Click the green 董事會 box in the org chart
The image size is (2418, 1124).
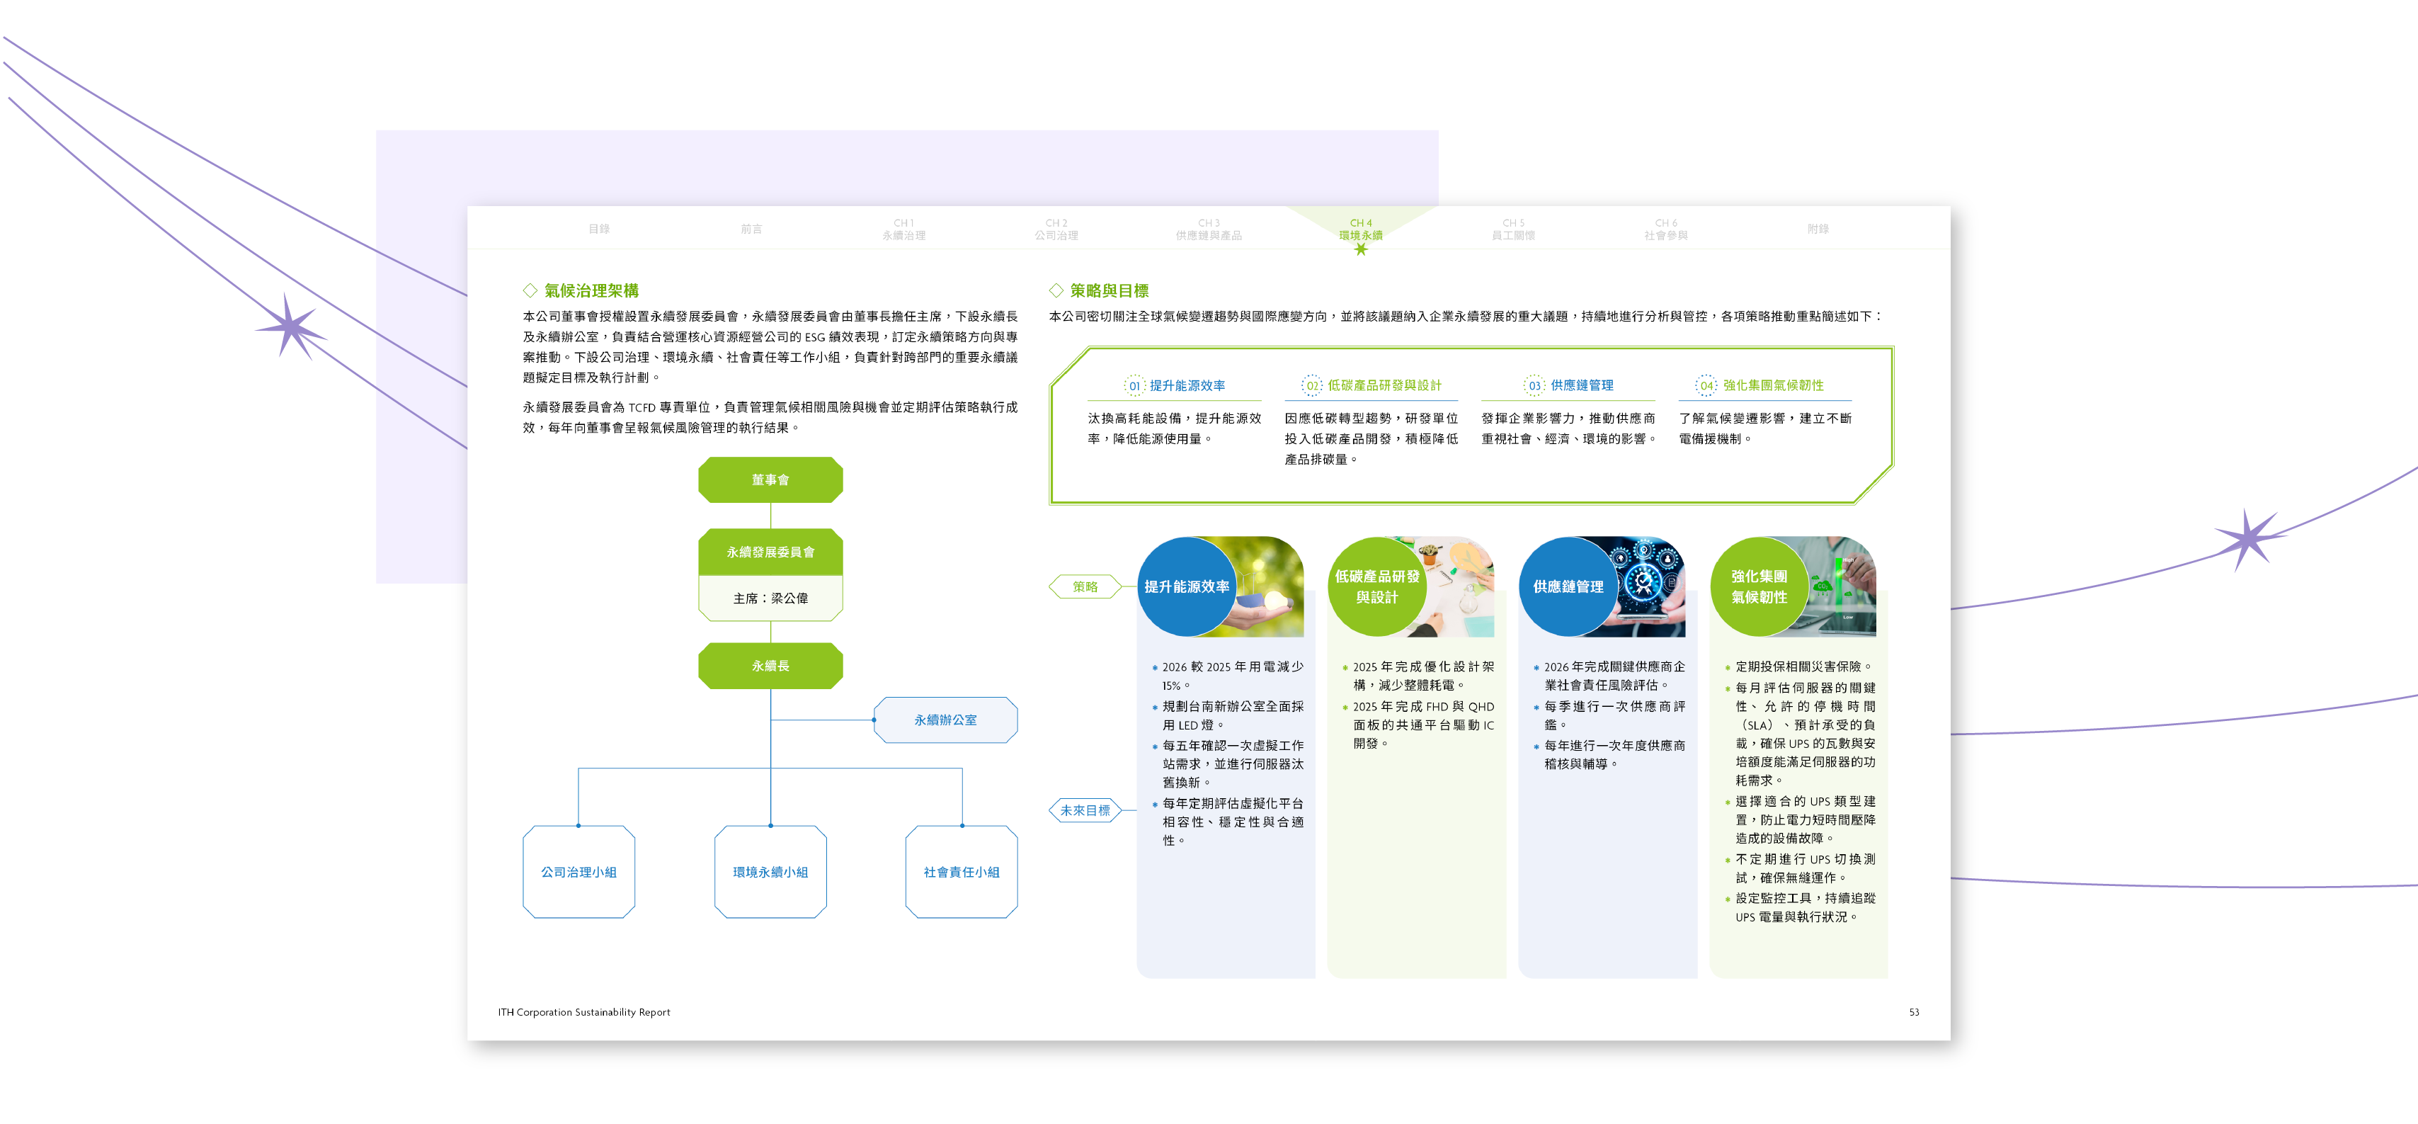point(770,479)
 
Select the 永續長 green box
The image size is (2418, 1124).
point(770,666)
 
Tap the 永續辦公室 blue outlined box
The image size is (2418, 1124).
point(945,720)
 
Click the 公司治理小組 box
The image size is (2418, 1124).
point(578,873)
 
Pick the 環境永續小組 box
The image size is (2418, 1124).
point(770,873)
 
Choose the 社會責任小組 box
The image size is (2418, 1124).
point(962,873)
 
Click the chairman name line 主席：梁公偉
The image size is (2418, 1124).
point(770,598)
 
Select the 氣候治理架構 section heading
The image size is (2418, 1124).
point(591,291)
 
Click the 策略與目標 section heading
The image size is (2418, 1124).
point(1109,291)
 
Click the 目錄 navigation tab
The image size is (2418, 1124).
point(599,229)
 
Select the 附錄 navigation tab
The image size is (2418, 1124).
point(1818,229)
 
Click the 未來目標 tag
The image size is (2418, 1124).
point(1085,810)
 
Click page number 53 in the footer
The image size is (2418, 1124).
point(1913,1012)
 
